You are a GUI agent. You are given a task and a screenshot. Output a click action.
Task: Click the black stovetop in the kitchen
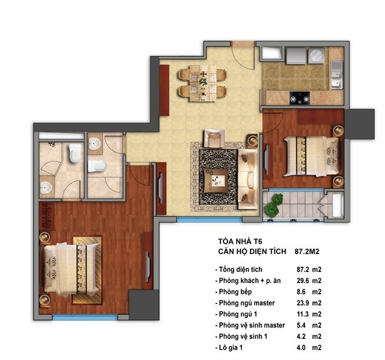(x=299, y=98)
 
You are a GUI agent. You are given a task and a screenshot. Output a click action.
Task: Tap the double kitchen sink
(x=336, y=75)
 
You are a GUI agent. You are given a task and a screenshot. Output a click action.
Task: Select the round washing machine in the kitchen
(x=316, y=55)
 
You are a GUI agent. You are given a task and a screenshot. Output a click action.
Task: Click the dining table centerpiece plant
(x=203, y=81)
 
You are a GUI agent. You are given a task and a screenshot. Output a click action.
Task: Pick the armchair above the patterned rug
(x=214, y=138)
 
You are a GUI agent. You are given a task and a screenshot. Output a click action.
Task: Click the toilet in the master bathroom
(x=75, y=153)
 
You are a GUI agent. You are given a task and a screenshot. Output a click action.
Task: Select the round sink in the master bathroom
(x=46, y=188)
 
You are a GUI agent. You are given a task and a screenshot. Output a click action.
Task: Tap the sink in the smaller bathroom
(x=94, y=143)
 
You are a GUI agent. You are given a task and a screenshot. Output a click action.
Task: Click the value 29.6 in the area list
(x=302, y=281)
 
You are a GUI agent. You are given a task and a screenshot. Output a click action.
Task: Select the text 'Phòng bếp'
(x=235, y=292)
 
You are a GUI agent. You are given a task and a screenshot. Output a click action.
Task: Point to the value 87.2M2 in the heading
(x=307, y=252)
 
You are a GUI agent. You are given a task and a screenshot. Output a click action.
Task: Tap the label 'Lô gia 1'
(x=230, y=348)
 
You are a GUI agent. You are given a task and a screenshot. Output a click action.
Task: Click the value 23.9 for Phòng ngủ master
(x=302, y=303)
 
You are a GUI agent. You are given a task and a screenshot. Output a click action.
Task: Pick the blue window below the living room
(x=209, y=220)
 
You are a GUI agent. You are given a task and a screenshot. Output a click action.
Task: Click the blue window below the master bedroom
(x=85, y=317)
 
